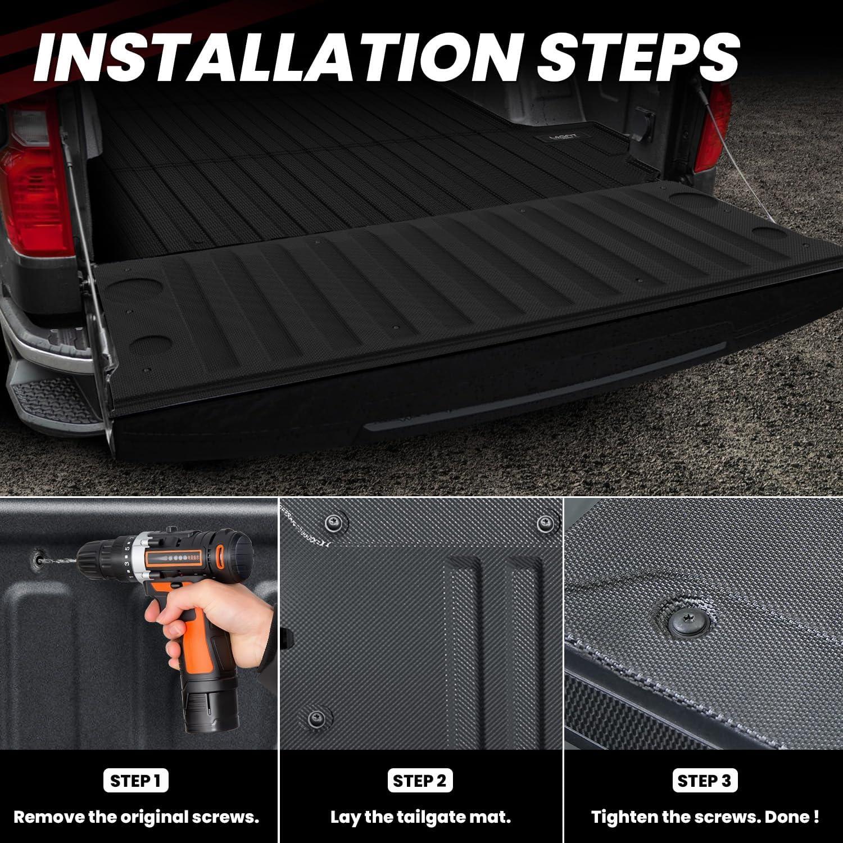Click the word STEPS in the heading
(638, 56)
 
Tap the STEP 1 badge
(136, 781)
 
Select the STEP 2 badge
(420, 781)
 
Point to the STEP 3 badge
(704, 781)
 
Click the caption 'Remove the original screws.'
(136, 817)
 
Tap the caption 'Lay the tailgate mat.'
(420, 817)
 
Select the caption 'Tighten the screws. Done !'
(704, 817)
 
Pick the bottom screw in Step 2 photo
(316, 717)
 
